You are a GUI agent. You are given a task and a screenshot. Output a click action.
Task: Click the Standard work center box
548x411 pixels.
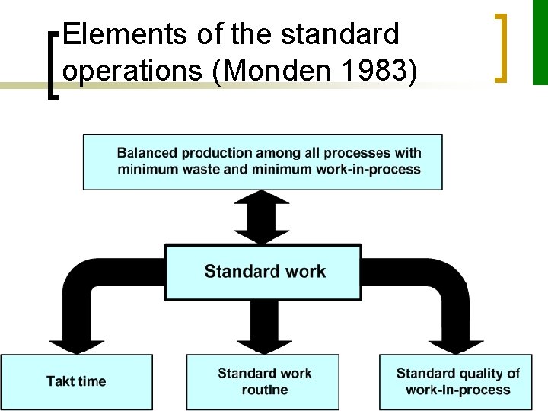point(263,272)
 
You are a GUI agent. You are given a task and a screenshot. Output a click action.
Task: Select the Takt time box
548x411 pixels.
point(76,381)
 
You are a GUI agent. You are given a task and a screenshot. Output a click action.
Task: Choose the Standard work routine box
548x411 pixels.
point(264,381)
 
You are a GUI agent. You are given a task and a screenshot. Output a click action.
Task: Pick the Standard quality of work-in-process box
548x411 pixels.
point(457,381)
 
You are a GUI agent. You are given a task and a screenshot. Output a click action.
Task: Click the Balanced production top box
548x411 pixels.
point(263,161)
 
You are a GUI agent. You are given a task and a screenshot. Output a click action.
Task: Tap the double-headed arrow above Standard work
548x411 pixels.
point(263,217)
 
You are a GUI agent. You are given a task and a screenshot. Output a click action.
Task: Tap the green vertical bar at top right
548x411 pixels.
point(540,42)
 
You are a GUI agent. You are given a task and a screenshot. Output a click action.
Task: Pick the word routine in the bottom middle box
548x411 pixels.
point(264,390)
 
